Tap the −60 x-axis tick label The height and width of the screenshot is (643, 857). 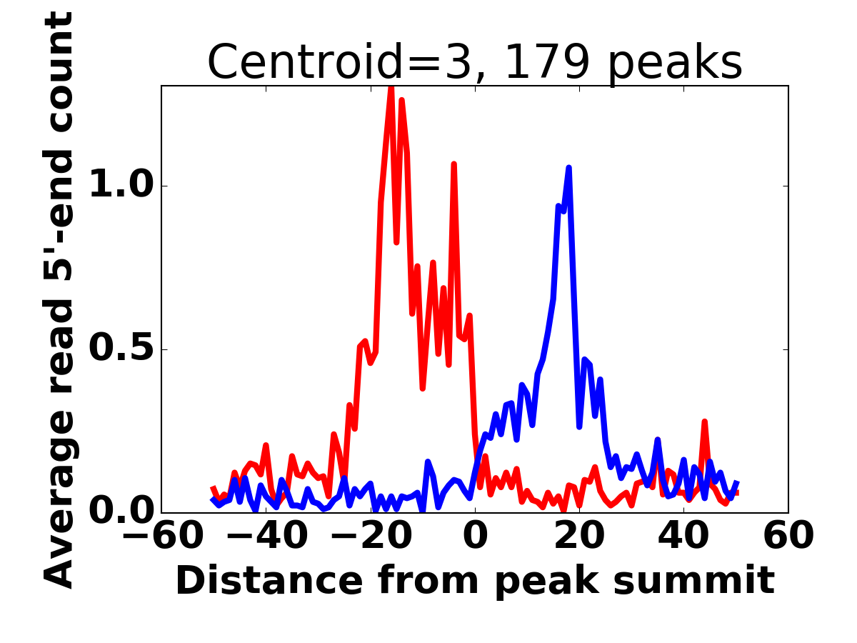pos(161,536)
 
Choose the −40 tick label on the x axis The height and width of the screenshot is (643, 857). pos(266,536)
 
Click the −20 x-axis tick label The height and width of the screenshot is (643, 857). pos(371,536)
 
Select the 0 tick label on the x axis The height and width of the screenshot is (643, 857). pos(475,536)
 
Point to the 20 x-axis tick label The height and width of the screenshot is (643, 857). pos(579,536)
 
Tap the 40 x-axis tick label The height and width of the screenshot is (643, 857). pos(683,536)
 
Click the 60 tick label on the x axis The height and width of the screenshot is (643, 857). pos(788,536)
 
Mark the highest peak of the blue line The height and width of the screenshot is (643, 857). pos(569,169)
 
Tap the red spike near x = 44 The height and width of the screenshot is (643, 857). pos(705,423)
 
